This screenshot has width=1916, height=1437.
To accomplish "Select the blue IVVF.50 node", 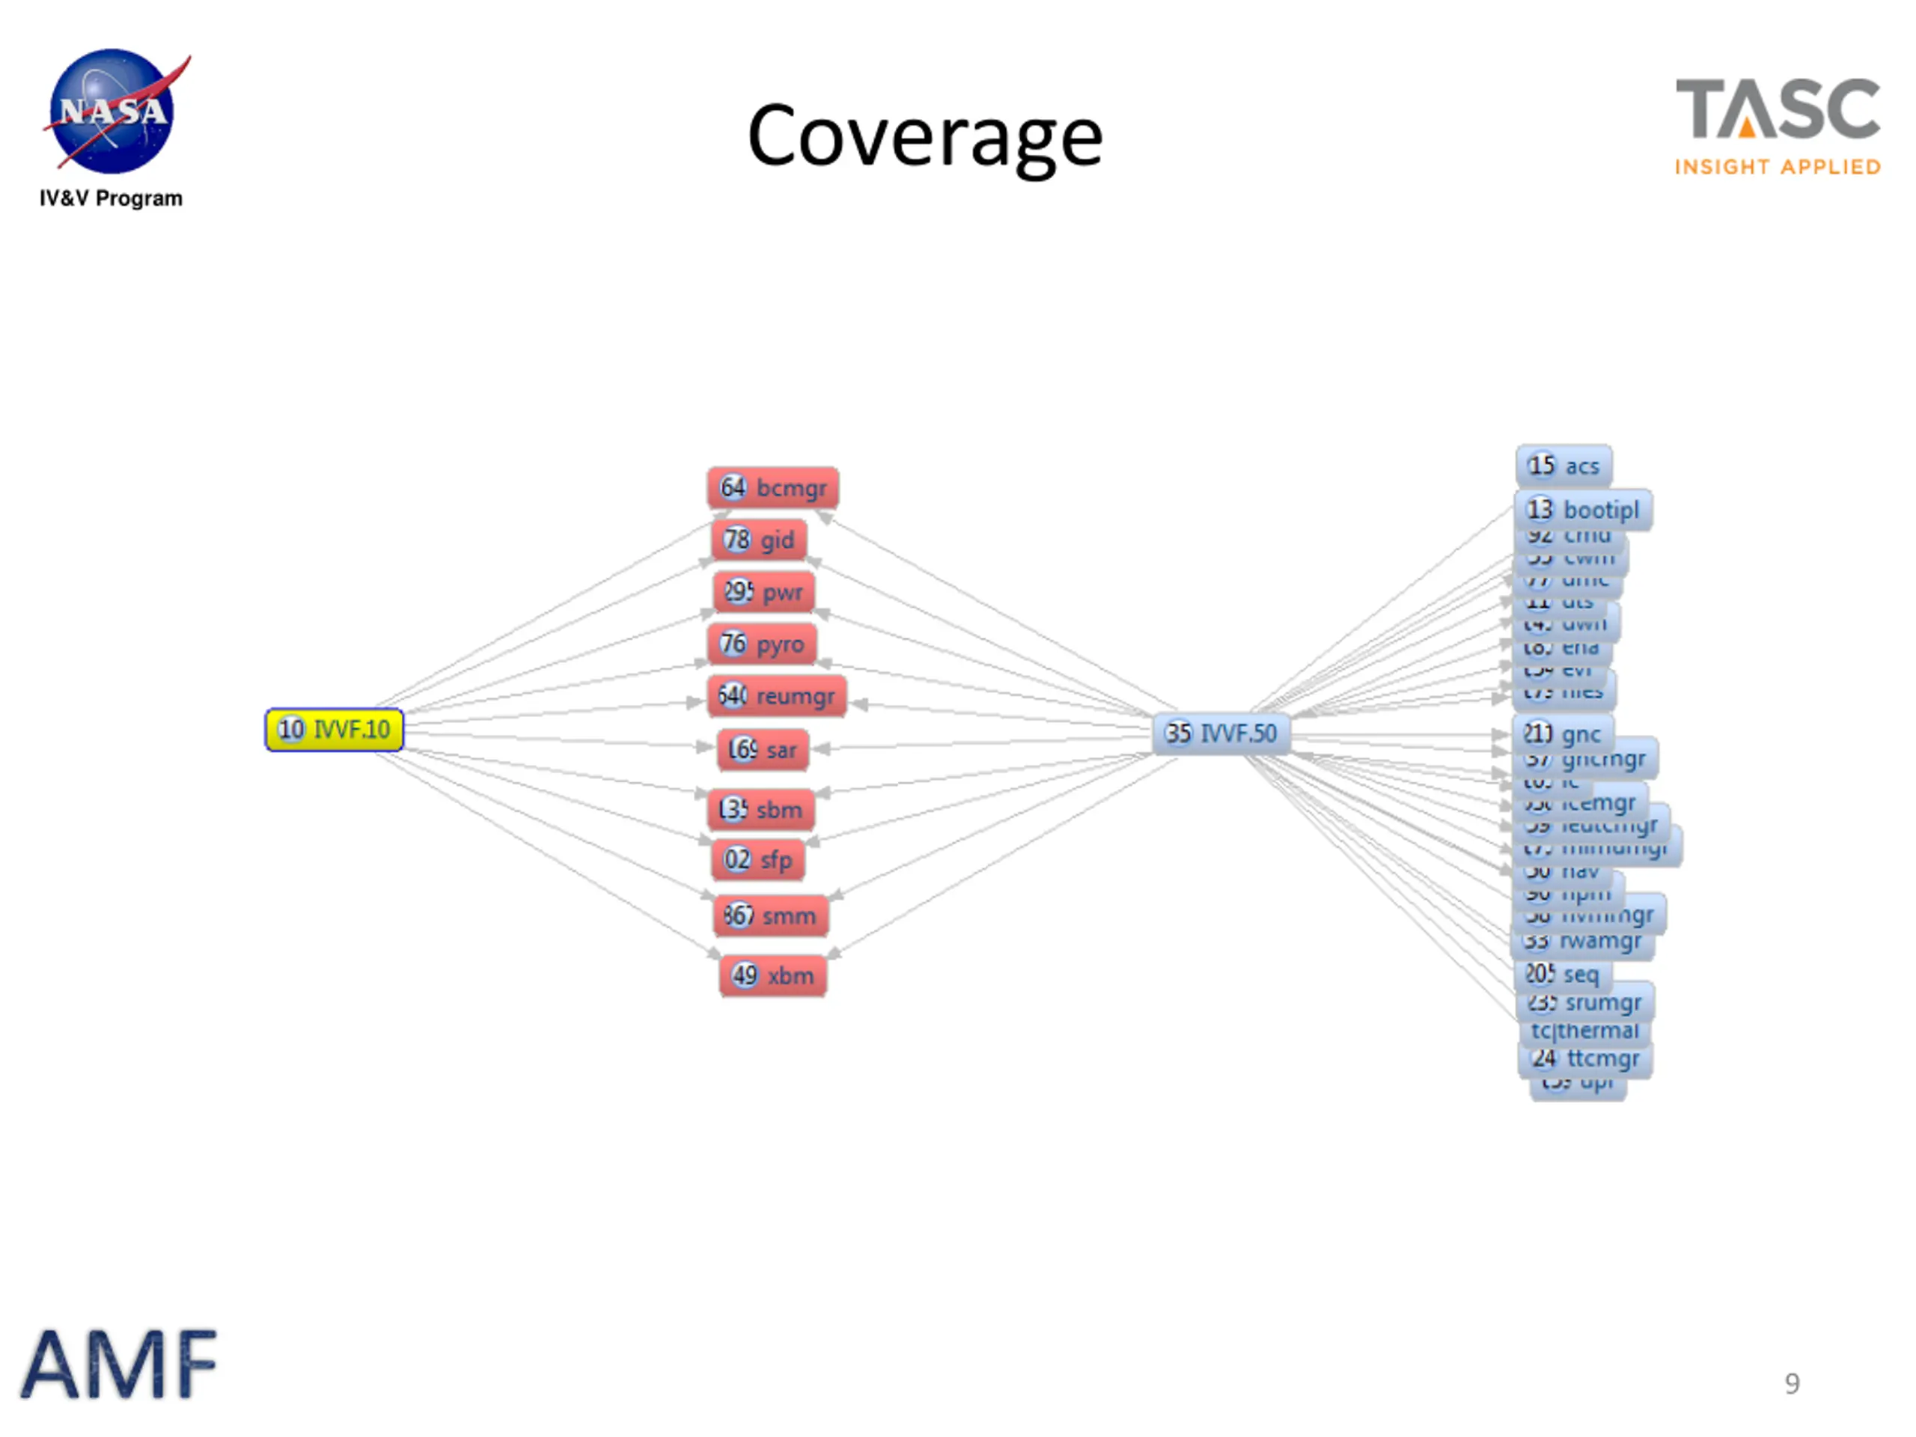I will click(1221, 733).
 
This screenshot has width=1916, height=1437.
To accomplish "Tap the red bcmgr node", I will click(772, 488).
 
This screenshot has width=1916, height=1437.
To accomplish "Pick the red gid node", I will click(759, 540).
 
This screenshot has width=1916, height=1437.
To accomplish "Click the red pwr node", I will click(763, 593).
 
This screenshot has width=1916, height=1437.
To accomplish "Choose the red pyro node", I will click(762, 644).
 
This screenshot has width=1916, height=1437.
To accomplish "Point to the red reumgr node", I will click(776, 696).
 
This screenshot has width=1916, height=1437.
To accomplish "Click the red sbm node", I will click(760, 810).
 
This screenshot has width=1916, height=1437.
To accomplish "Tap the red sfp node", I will click(758, 860).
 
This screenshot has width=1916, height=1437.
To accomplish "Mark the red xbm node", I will click(772, 976).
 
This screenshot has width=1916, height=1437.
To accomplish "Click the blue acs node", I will click(1563, 466).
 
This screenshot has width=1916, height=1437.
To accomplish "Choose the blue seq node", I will click(1563, 974).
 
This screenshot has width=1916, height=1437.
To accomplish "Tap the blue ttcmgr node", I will click(1585, 1058).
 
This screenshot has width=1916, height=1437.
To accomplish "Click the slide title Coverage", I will click(924, 137).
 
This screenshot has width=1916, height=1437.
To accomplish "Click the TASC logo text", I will click(1778, 110).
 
